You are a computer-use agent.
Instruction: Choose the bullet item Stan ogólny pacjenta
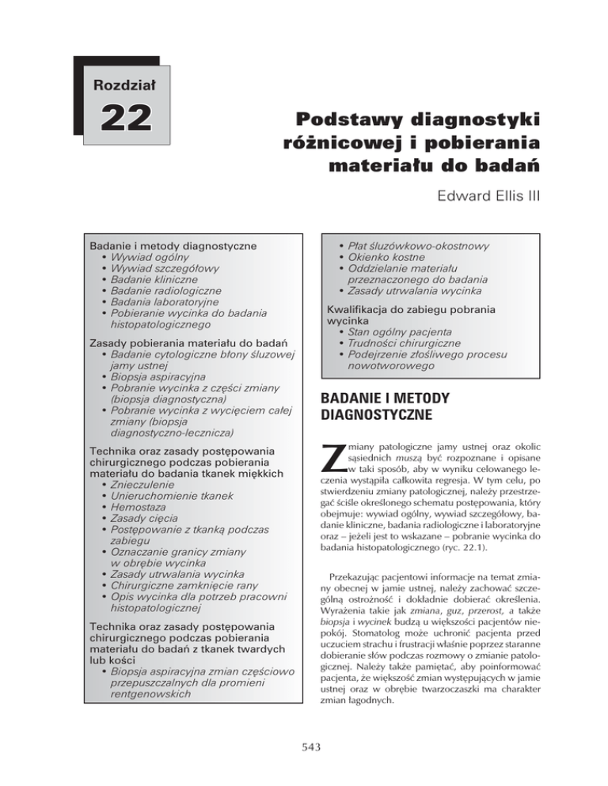point(405,334)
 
